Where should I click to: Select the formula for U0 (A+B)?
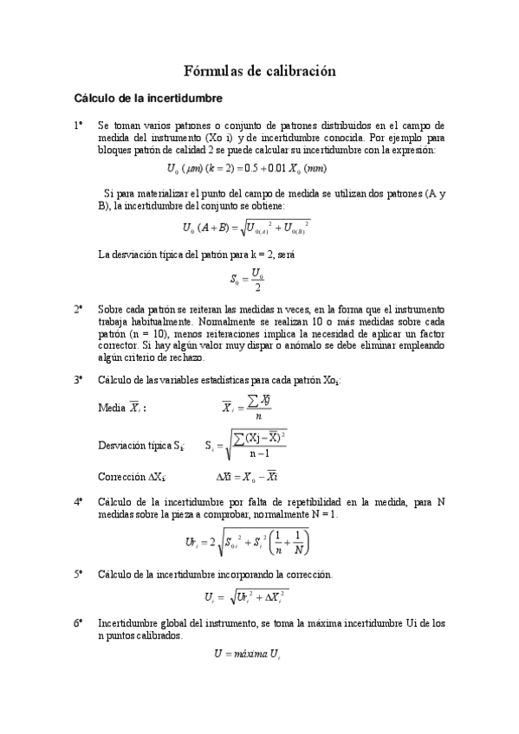tap(247, 228)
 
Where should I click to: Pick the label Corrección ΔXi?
tap(132, 476)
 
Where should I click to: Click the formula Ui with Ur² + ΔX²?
tap(247, 597)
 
